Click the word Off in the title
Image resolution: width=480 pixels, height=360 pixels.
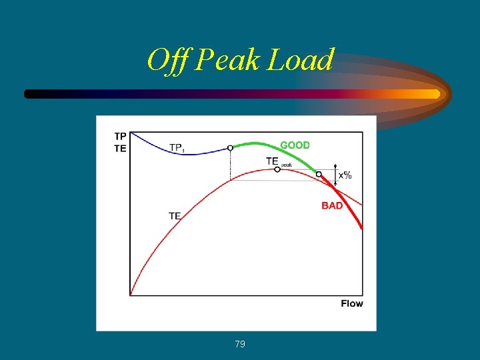pyautogui.click(x=168, y=61)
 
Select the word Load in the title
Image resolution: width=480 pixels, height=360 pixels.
pyautogui.click(x=301, y=61)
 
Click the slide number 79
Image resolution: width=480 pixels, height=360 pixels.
pyautogui.click(x=240, y=344)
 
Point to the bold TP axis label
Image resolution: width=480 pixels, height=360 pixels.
pyautogui.click(x=120, y=136)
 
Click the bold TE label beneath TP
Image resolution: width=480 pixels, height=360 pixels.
pyautogui.click(x=120, y=148)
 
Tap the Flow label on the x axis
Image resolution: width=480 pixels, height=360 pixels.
pyautogui.click(x=352, y=303)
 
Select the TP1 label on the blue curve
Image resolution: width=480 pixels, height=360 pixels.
pyautogui.click(x=177, y=147)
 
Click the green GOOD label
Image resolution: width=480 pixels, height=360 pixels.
pyautogui.click(x=295, y=145)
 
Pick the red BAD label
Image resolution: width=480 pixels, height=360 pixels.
pyautogui.click(x=332, y=205)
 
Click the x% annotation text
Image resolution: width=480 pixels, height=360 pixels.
pyautogui.click(x=345, y=176)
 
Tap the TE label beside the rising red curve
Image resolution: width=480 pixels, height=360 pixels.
pyautogui.click(x=175, y=215)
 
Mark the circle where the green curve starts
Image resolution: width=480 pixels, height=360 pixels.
pyautogui.click(x=230, y=148)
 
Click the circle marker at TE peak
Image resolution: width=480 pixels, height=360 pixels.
pyautogui.click(x=277, y=169)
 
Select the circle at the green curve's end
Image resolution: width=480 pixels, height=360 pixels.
pyautogui.click(x=319, y=174)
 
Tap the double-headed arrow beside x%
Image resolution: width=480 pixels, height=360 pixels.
pyautogui.click(x=335, y=175)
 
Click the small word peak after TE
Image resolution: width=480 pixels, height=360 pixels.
pyautogui.click(x=286, y=164)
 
